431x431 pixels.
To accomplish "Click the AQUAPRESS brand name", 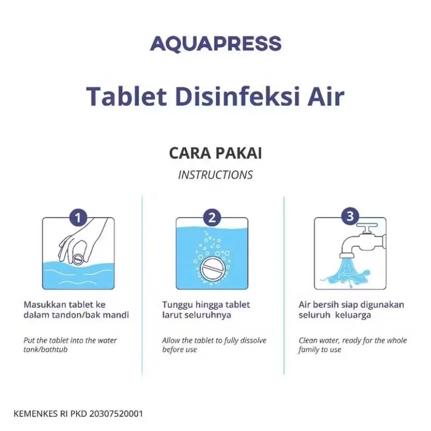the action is (x=215, y=44).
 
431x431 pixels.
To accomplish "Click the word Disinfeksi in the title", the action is (x=236, y=96).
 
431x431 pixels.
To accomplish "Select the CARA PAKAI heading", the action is (x=215, y=153).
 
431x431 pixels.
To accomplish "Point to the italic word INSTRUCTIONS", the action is (x=215, y=175).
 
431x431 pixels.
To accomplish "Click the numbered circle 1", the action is (x=78, y=218).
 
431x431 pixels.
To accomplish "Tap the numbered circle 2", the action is (x=212, y=218).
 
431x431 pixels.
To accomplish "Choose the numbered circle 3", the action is (x=350, y=216).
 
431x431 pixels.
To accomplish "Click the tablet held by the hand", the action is (x=78, y=259).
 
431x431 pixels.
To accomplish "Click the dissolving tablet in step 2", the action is (x=214, y=268).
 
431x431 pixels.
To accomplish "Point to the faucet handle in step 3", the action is (x=367, y=227).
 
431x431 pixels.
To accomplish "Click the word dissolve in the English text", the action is (x=253, y=340).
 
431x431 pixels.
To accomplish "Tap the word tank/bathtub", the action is (x=45, y=350).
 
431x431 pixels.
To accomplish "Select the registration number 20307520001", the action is (x=116, y=414).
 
